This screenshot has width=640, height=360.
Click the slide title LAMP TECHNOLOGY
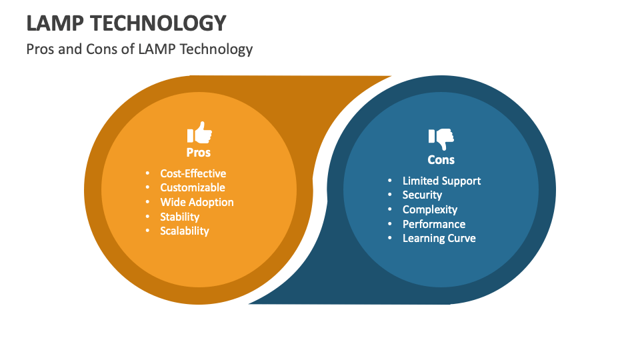click(x=127, y=23)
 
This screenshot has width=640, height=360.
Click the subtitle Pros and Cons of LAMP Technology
click(x=139, y=49)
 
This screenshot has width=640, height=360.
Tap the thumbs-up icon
click(x=199, y=133)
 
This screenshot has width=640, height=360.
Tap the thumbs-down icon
click(x=441, y=138)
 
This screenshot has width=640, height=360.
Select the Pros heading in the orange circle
click(x=199, y=152)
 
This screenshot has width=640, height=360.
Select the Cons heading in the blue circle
click(x=441, y=159)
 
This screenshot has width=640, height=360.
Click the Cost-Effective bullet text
click(x=193, y=173)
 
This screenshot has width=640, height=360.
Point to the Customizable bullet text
click(x=192, y=187)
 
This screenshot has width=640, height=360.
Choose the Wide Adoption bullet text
click(x=197, y=202)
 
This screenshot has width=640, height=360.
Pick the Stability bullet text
click(x=179, y=217)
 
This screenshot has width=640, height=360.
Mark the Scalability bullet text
click(x=184, y=231)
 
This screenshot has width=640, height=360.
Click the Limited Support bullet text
click(x=441, y=181)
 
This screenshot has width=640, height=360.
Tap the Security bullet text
click(x=422, y=195)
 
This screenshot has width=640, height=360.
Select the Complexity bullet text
click(x=429, y=209)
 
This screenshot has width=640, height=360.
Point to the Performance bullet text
click(x=433, y=224)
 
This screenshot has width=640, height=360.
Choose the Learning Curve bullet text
click(x=439, y=238)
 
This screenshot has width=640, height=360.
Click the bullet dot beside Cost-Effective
click(x=147, y=173)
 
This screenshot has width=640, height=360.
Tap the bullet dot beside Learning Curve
click(x=390, y=238)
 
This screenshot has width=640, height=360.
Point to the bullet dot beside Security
click(x=390, y=195)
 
